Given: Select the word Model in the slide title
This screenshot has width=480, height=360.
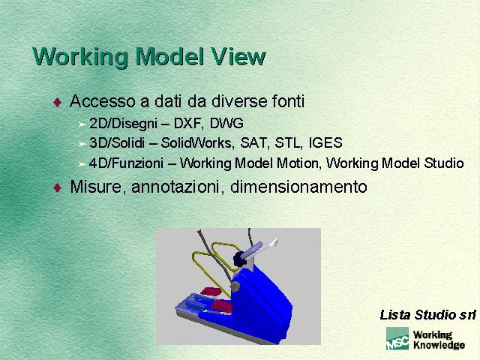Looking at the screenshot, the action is (x=169, y=57).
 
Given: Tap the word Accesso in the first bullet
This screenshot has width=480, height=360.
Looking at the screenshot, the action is (x=103, y=101).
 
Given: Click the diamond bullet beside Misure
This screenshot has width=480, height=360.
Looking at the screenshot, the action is (x=58, y=187).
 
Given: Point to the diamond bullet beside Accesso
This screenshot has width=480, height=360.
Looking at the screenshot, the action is (x=58, y=102).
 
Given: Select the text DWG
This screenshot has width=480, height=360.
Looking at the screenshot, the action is (x=226, y=123).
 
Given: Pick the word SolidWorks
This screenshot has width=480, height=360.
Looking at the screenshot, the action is (x=197, y=142).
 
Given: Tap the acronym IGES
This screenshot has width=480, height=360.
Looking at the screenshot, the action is (x=325, y=142).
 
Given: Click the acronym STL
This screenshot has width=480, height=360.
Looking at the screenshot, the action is (x=287, y=142).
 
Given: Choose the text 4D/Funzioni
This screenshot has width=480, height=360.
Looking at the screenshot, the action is (x=126, y=163).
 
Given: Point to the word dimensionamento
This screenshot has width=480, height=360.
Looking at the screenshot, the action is (x=298, y=187).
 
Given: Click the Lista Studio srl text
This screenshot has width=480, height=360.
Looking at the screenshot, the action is (x=427, y=315).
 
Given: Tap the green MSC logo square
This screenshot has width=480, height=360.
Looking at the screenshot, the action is (x=397, y=338).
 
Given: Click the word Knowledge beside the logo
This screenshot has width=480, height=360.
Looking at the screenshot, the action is (x=439, y=345).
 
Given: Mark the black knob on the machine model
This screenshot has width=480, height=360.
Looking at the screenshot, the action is (x=239, y=259).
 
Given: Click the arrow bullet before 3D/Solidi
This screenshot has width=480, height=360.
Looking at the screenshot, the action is (x=82, y=143).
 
